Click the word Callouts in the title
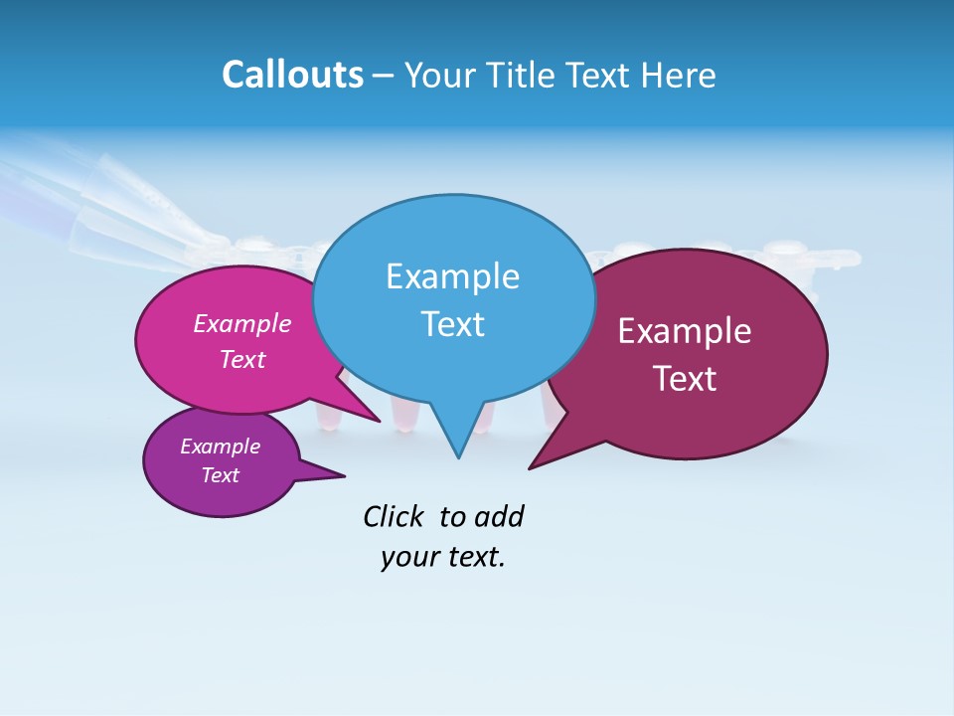292,76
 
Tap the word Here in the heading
678,76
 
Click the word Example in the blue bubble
452,276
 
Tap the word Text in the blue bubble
452,324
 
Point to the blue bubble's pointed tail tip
458,456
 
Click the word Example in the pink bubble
242,324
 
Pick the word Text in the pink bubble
242,360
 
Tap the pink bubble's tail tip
379,421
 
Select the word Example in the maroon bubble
685,331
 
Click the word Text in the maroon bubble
685,379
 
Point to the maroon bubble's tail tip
531,467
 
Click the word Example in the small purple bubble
221,447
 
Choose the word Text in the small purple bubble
221,475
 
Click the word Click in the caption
394,517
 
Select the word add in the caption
499,517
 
